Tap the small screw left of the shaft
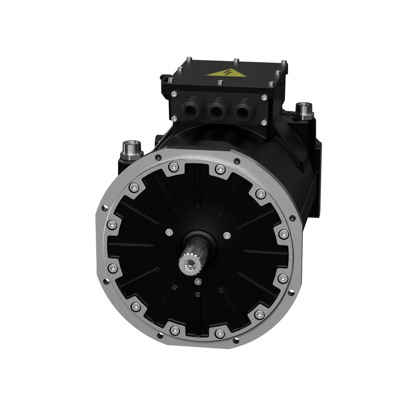[x=169, y=232]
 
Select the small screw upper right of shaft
[x=226, y=235]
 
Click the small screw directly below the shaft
[x=198, y=281]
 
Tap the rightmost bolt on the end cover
[x=284, y=233]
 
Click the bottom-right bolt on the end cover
[x=260, y=314]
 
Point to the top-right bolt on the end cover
[x=260, y=193]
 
